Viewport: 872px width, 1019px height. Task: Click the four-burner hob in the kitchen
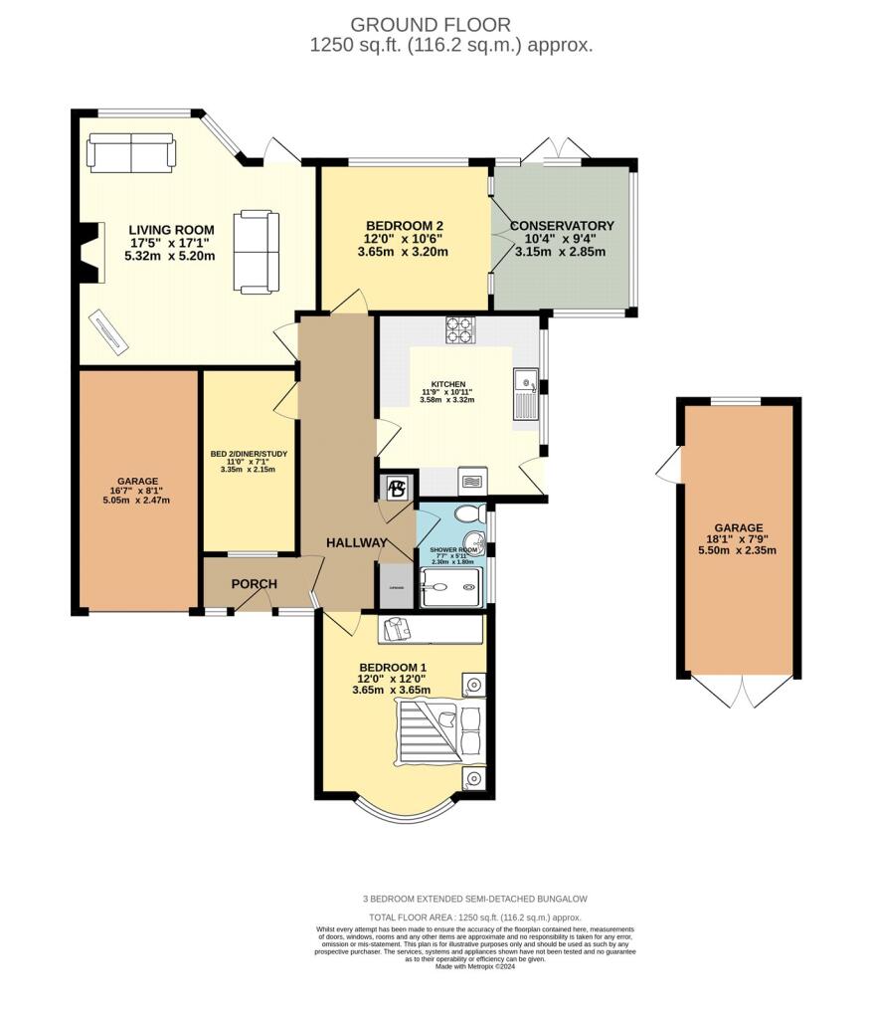tap(459, 329)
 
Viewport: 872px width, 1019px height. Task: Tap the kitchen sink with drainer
tap(525, 394)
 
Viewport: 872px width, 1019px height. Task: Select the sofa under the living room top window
tap(131, 153)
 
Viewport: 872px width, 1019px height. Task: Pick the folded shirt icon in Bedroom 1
tap(397, 629)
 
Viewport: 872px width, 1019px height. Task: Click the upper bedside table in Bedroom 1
tap(473, 685)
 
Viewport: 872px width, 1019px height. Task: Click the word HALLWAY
tap(357, 542)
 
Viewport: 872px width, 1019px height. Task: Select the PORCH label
tap(254, 583)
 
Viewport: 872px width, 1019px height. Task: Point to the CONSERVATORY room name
tap(562, 226)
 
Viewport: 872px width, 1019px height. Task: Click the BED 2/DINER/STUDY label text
tap(249, 455)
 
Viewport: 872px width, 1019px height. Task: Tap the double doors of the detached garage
tap(737, 690)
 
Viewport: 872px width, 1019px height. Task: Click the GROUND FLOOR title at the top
tap(432, 24)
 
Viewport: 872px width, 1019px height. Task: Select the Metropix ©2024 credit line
tap(475, 966)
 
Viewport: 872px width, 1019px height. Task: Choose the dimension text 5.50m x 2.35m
tap(737, 549)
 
